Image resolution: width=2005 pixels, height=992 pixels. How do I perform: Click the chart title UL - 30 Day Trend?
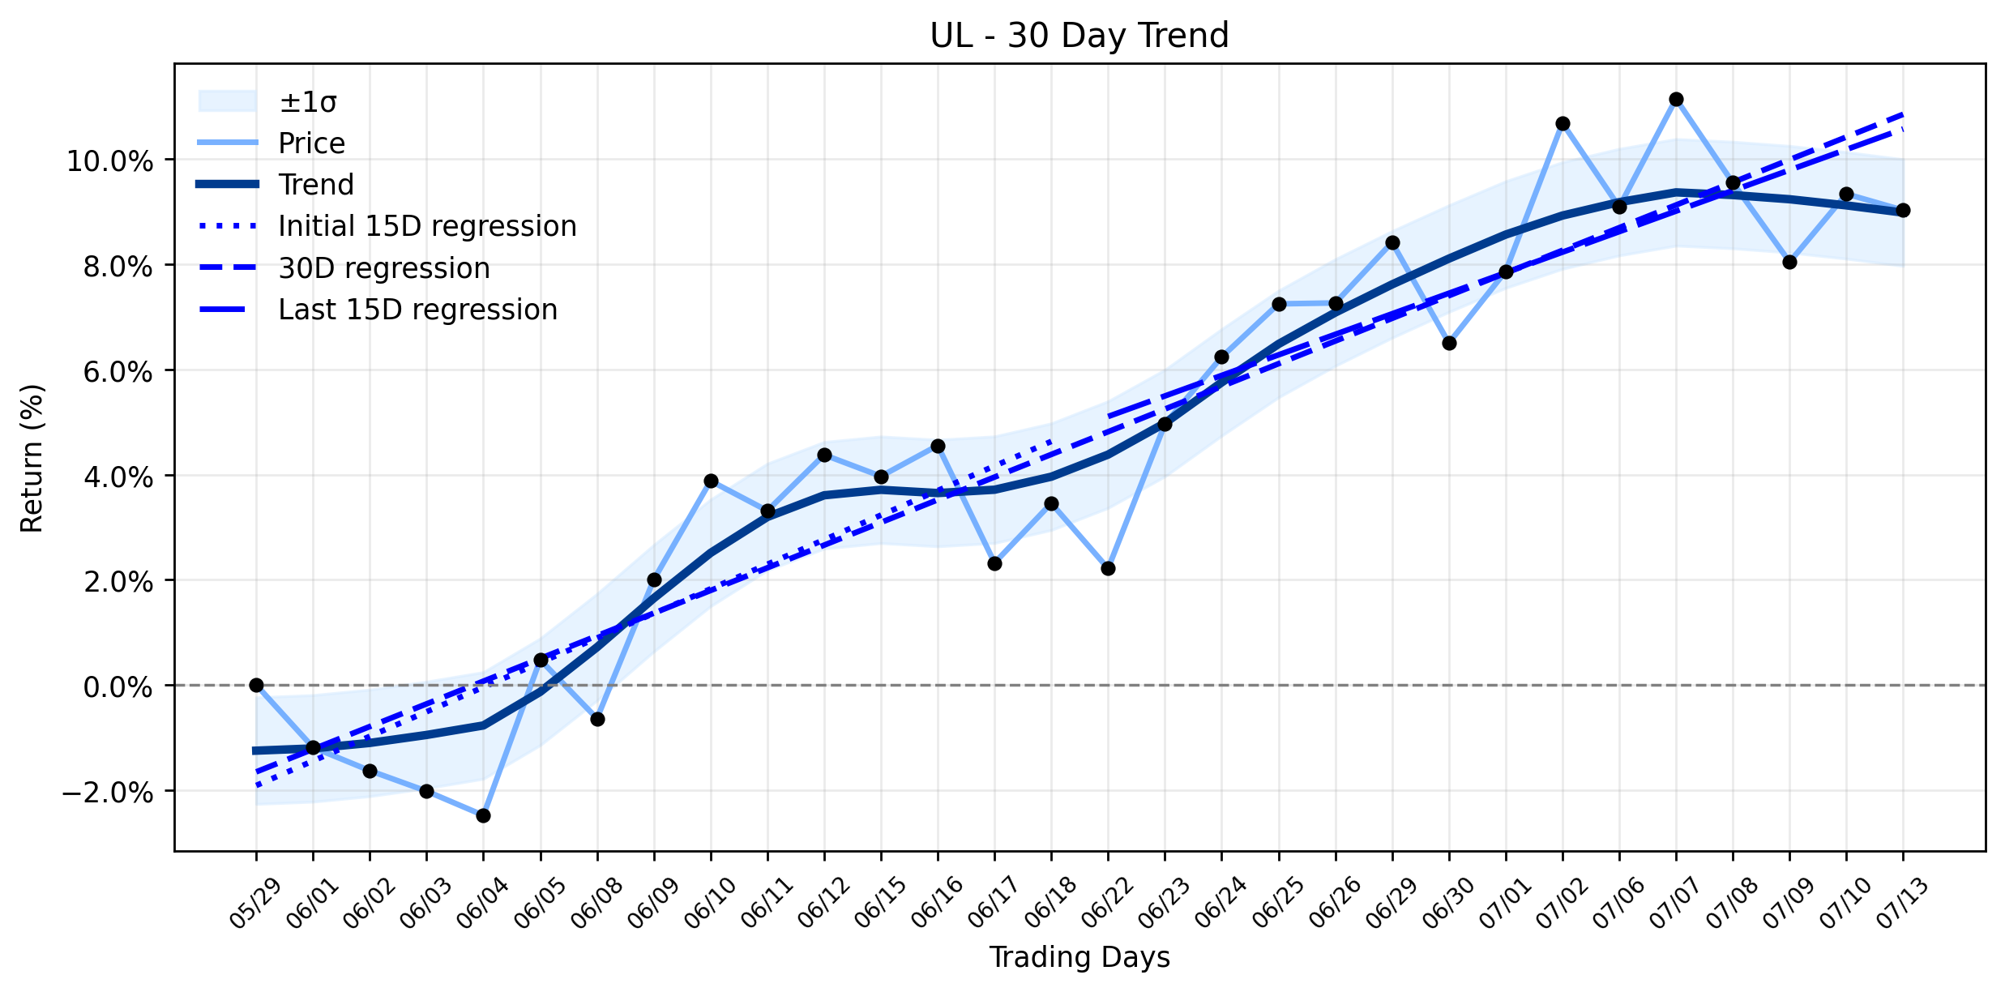coord(1079,36)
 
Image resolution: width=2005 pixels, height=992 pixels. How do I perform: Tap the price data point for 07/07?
coord(1676,100)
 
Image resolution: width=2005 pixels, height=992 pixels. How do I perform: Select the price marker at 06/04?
coord(483,815)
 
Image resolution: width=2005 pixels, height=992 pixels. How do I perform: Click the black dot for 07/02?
coord(1563,123)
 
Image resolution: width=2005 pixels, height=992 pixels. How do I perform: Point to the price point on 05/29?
coord(256,685)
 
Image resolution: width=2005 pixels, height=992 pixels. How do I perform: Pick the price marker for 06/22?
coord(1108,569)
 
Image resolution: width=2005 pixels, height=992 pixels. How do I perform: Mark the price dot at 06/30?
coord(1449,344)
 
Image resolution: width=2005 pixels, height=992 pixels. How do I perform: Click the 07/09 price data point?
coord(1789,263)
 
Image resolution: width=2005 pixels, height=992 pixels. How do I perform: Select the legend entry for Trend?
coord(276,185)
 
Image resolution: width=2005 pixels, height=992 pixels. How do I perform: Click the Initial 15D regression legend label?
coord(427,226)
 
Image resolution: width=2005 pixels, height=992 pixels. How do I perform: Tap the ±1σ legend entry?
coord(267,102)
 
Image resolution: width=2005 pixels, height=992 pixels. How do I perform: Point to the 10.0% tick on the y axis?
coord(109,161)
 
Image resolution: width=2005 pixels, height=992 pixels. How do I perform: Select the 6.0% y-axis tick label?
coord(118,372)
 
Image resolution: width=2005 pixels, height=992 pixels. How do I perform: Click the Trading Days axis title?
coord(1079,958)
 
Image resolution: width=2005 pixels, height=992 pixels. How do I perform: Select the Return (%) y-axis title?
coord(32,458)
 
